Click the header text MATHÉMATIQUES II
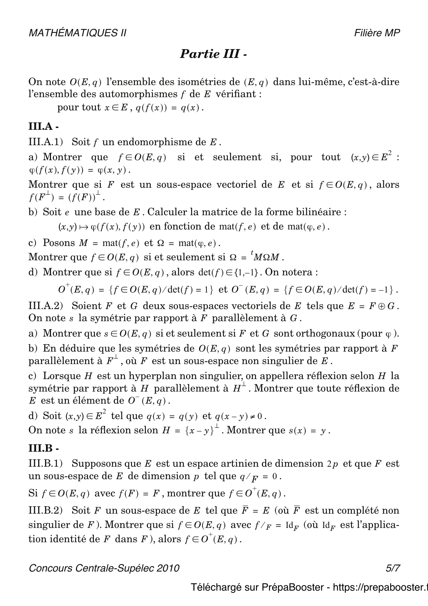point(77,33)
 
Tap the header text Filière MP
point(377,33)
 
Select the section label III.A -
point(44,126)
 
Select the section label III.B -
point(44,448)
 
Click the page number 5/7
point(392,568)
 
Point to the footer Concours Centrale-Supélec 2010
point(104,568)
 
